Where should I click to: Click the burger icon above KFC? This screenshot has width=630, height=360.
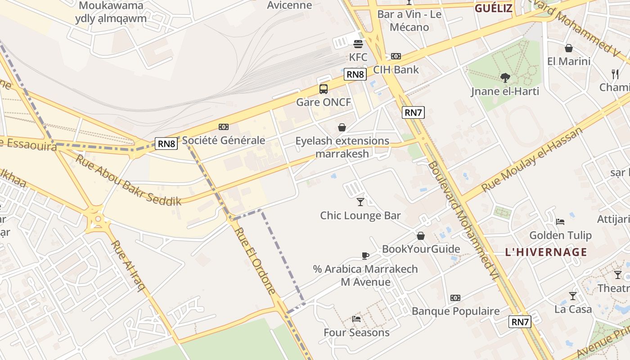pos(358,44)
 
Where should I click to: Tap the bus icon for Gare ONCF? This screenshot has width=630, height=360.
pos(324,89)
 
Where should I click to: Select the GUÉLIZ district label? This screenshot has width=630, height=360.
pos(494,8)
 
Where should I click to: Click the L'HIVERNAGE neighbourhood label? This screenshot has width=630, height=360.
pos(546,252)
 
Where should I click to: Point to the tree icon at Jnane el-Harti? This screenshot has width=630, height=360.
pos(505,78)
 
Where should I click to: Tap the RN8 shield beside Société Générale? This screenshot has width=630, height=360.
pos(166,144)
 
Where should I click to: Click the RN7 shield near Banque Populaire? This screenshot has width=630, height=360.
pos(520,322)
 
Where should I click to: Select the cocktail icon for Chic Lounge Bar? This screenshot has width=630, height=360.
pos(360,202)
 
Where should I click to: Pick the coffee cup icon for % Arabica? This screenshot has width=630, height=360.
pos(365,256)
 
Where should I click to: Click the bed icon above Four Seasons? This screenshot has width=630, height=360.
pos(356,319)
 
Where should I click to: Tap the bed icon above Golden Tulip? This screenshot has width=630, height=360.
pos(560,221)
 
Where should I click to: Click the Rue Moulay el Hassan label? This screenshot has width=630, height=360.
pos(532,159)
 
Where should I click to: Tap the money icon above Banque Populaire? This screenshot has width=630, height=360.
pos(455,298)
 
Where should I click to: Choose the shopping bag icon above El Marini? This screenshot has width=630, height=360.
pos(569,48)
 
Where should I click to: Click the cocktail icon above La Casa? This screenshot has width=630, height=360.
pos(572,296)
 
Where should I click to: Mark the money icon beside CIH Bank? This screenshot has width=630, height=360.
pos(396,56)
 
